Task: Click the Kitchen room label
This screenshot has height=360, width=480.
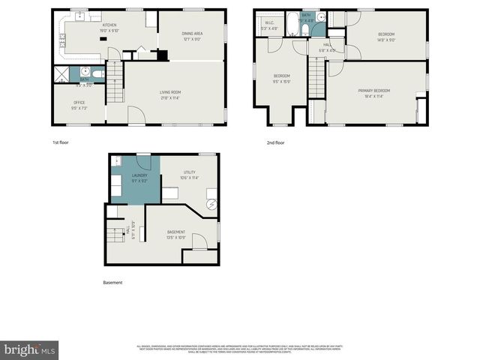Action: tap(109, 25)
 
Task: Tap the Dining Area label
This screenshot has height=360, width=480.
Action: tap(193, 34)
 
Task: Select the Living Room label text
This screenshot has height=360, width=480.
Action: tap(170, 92)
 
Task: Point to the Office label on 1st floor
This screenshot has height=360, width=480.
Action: tap(79, 102)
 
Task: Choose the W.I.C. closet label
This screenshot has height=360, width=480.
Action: tap(269, 23)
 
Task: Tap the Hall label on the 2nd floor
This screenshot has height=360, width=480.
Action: tap(327, 44)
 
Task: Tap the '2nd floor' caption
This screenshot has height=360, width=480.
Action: tap(275, 142)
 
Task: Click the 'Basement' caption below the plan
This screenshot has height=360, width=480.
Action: tap(112, 283)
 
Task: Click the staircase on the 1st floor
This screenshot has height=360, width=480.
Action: tap(114, 84)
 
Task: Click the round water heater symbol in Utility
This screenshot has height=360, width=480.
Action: tap(211, 203)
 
